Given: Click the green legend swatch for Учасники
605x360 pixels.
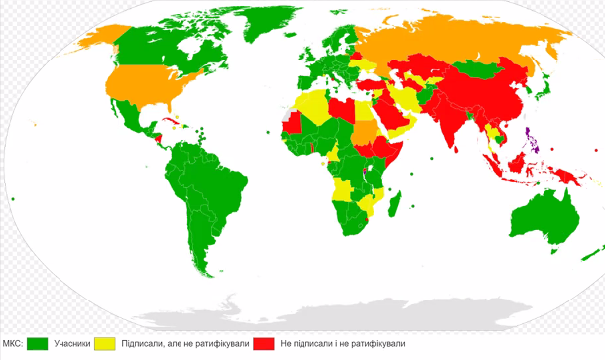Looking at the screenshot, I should coord(37,344).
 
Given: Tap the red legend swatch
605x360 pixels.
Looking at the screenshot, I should coord(263,344).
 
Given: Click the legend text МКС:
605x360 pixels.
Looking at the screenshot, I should coord(13,344).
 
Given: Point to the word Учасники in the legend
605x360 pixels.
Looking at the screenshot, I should coord(72,344).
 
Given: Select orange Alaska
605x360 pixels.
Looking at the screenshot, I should coord(94,40).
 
